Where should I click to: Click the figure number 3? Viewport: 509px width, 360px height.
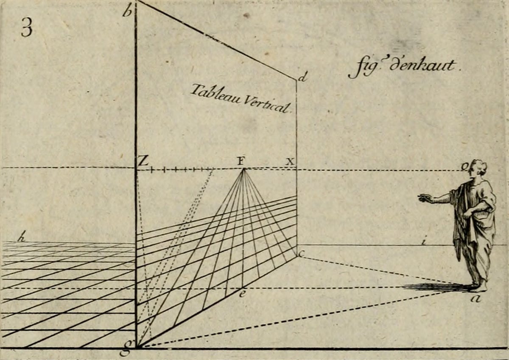tap(26, 29)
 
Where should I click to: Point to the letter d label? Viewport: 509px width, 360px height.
tap(302, 78)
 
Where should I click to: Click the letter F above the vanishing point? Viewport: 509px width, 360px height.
tap(241, 161)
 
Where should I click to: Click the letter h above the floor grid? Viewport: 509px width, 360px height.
tap(21, 238)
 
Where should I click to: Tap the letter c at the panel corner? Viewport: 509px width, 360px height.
tap(302, 254)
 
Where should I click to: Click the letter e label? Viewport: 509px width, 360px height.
tap(241, 293)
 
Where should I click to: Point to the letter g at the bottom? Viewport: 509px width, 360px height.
tap(125, 351)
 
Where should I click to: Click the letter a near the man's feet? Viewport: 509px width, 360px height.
tap(476, 299)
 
